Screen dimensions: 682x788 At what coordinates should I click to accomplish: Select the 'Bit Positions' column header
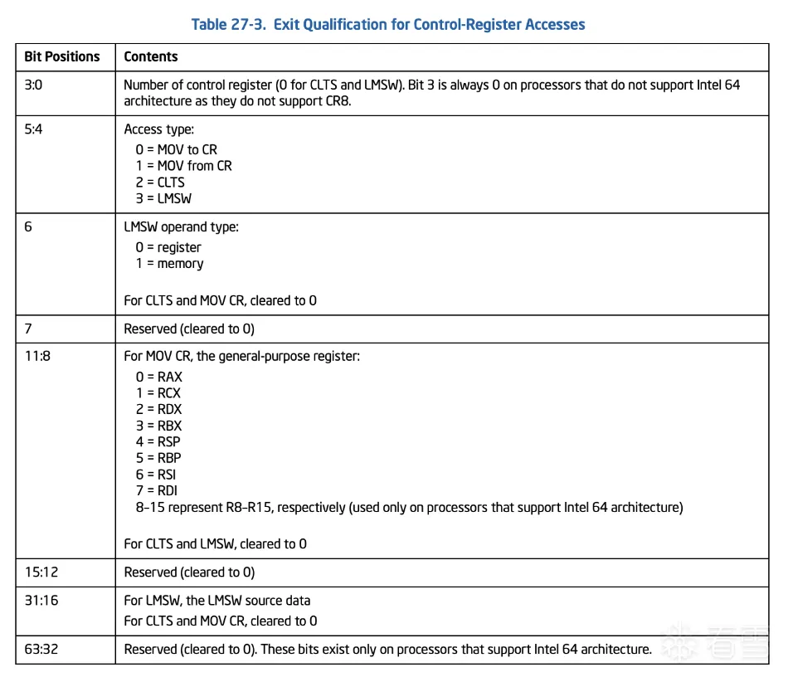(x=62, y=56)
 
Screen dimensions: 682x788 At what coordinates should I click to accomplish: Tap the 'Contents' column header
(x=151, y=56)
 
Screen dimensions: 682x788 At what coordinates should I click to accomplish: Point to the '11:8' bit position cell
(x=37, y=356)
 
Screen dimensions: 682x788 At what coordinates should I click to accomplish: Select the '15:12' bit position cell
(x=41, y=572)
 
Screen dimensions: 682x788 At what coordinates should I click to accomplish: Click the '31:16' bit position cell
(x=41, y=600)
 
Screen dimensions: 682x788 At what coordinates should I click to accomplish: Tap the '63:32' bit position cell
(x=41, y=649)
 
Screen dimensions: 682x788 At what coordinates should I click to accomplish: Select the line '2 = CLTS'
(x=160, y=182)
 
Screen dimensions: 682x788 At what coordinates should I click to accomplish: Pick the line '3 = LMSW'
(x=164, y=198)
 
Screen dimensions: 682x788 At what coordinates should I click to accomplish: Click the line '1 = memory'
(x=169, y=263)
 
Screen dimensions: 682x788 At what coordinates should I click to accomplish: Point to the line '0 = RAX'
(x=158, y=377)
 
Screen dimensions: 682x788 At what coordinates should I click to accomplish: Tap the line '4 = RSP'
(x=158, y=441)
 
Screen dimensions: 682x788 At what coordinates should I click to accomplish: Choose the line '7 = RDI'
(x=156, y=490)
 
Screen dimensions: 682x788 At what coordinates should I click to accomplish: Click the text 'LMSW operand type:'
(x=181, y=227)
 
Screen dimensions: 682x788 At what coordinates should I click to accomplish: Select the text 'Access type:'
(x=158, y=129)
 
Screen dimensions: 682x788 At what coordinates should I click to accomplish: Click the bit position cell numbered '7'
(x=28, y=329)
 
